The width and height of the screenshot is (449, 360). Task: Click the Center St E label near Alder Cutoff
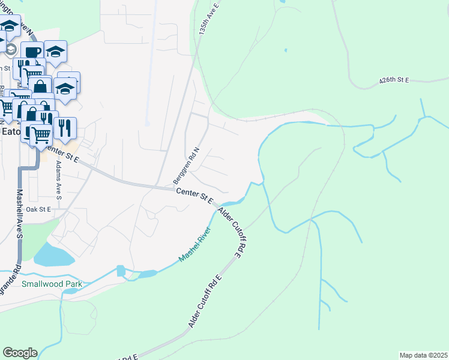tap(194, 196)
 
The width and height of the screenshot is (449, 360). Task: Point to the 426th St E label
tap(394, 80)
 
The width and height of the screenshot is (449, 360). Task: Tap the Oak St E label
tap(38, 209)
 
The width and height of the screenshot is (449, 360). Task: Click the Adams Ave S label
tap(58, 176)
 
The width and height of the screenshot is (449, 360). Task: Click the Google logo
tap(20, 353)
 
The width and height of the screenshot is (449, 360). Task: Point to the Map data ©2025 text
tap(423, 355)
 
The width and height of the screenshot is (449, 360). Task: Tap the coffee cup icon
tap(32, 52)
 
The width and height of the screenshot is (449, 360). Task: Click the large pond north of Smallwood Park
tap(54, 255)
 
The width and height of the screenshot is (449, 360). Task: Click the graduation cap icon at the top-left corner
tap(10, 25)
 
